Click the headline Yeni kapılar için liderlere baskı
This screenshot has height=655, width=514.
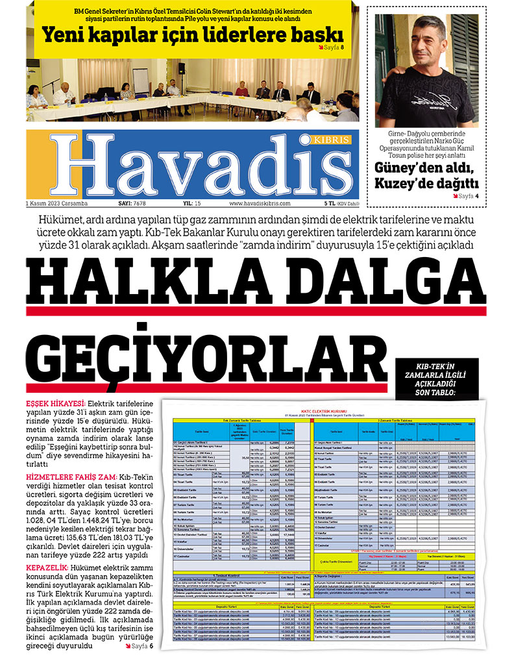[x=193, y=32]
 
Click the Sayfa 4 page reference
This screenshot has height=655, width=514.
[x=465, y=195]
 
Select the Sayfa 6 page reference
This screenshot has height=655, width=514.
[x=140, y=647]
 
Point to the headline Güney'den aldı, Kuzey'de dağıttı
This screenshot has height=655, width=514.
[x=426, y=175]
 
